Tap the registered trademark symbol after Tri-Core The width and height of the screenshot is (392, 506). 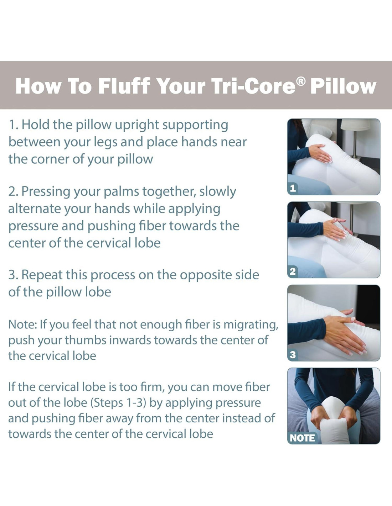[x=301, y=81]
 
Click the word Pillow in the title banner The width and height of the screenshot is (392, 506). [x=343, y=86]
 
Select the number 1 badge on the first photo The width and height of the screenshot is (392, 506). [x=293, y=188]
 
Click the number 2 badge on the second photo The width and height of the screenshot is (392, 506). [x=293, y=271]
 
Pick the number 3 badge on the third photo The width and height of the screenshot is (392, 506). [x=293, y=355]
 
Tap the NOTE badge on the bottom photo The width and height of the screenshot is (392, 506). [x=302, y=438]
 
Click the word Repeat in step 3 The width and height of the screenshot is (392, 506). [x=42, y=275]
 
